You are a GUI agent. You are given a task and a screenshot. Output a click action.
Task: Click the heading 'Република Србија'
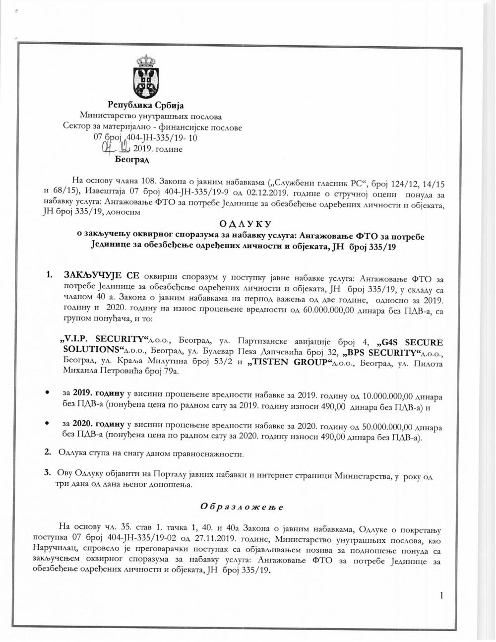tap(146, 105)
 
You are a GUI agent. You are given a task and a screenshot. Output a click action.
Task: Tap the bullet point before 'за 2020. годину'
tap(47, 423)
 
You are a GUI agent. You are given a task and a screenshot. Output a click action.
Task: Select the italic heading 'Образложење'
tap(242, 507)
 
